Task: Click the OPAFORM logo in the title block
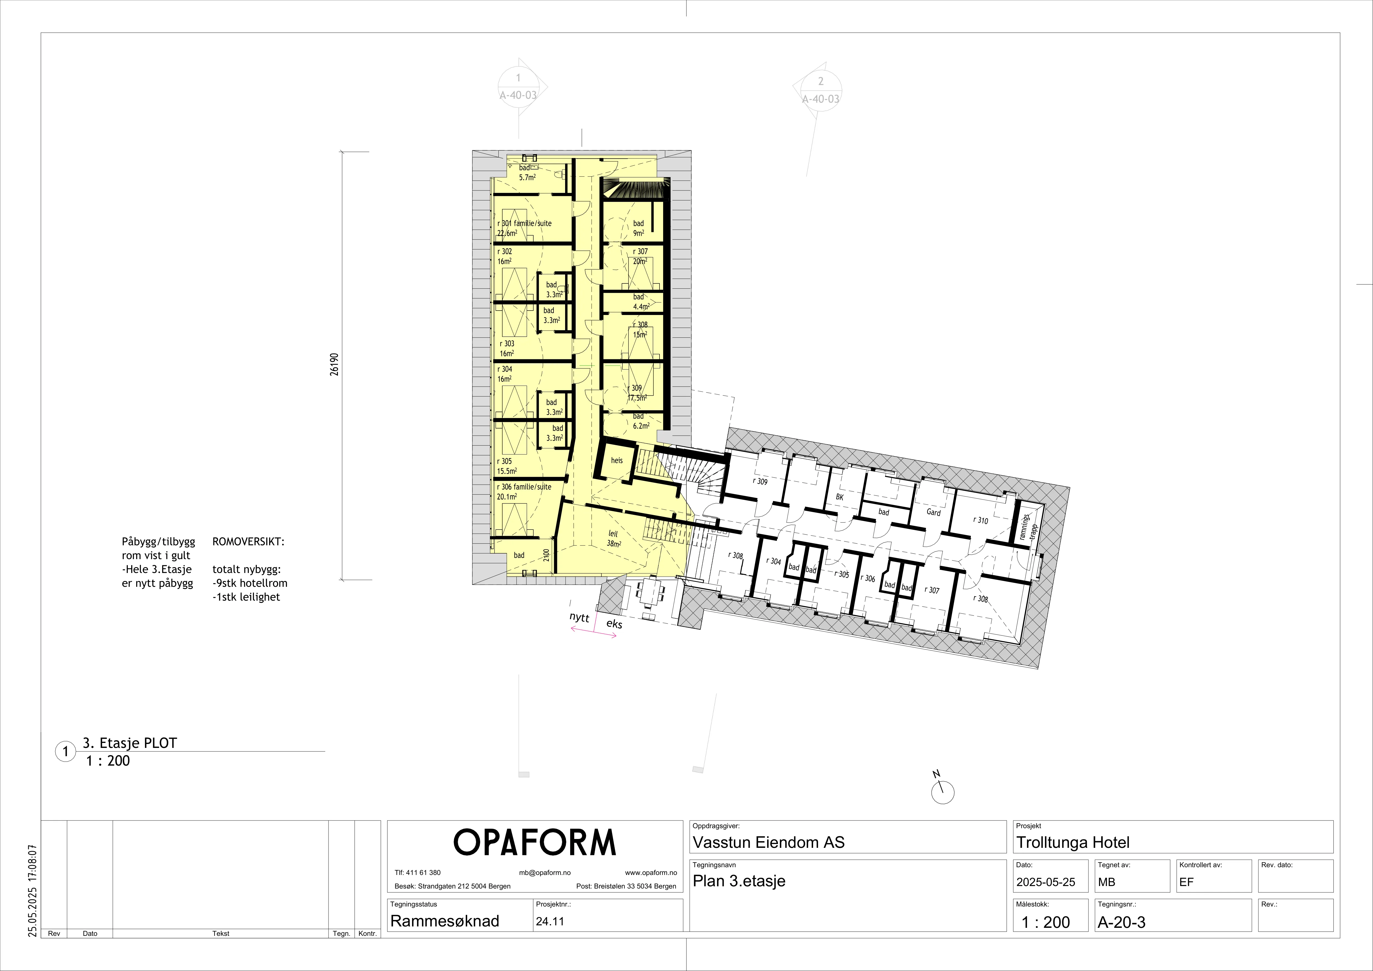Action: pyautogui.click(x=535, y=843)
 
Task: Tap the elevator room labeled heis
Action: pyautogui.click(x=617, y=460)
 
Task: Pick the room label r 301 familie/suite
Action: pyautogui.click(x=524, y=223)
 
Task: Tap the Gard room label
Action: pyautogui.click(x=934, y=512)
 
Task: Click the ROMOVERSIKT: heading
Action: pyautogui.click(x=248, y=542)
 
